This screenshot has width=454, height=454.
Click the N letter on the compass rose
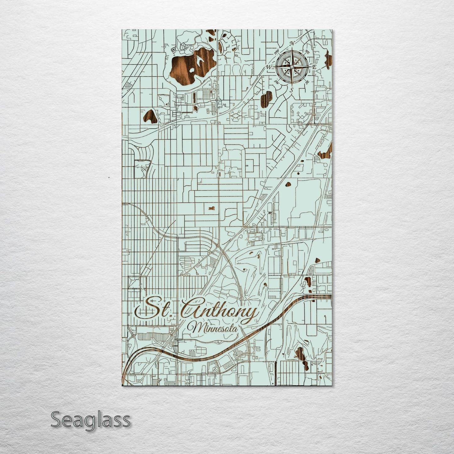pyautogui.click(x=292, y=43)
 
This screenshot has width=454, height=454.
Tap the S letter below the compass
pyautogui.click(x=292, y=90)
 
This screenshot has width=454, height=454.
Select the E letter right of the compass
pyautogui.click(x=314, y=67)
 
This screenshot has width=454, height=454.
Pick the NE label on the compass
pyautogui.click(x=307, y=52)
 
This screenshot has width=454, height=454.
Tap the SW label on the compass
pyautogui.click(x=277, y=82)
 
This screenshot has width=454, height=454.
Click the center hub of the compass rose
pyautogui.click(x=292, y=67)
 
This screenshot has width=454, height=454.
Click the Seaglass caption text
pyautogui.click(x=90, y=419)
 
